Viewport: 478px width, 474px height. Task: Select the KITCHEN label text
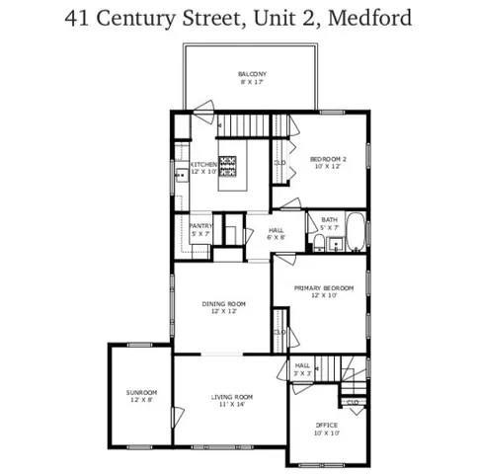[203, 164]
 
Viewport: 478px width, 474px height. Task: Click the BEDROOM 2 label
[328, 159]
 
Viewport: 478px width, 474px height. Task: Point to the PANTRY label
[201, 226]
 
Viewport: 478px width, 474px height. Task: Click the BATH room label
[328, 220]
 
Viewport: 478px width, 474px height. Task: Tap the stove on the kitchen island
[230, 165]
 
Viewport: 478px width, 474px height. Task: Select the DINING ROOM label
[223, 303]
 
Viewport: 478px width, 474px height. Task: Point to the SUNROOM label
[141, 392]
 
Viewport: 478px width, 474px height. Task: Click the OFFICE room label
[326, 426]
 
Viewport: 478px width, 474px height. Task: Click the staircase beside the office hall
[339, 367]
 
